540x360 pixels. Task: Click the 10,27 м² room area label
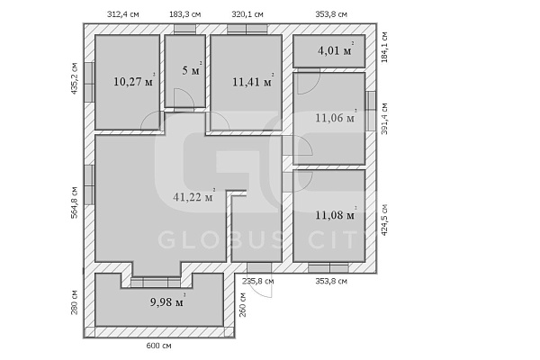[134, 81]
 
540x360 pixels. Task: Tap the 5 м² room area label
[192, 70]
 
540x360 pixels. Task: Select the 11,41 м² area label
[253, 81]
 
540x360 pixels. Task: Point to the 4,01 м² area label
[336, 49]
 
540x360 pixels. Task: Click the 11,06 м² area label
[336, 117]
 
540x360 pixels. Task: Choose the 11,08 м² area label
[336, 214]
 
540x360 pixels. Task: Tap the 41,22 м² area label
[193, 196]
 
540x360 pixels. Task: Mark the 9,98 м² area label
[167, 301]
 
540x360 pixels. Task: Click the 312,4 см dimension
[123, 14]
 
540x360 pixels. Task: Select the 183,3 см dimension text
[184, 14]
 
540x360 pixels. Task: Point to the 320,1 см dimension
[247, 14]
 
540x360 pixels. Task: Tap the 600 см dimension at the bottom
[158, 346]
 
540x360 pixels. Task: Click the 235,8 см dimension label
[258, 281]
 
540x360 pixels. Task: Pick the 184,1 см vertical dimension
[384, 47]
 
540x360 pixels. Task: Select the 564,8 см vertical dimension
[74, 202]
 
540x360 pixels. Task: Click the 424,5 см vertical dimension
[384, 220]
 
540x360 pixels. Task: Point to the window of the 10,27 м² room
[89, 82]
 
